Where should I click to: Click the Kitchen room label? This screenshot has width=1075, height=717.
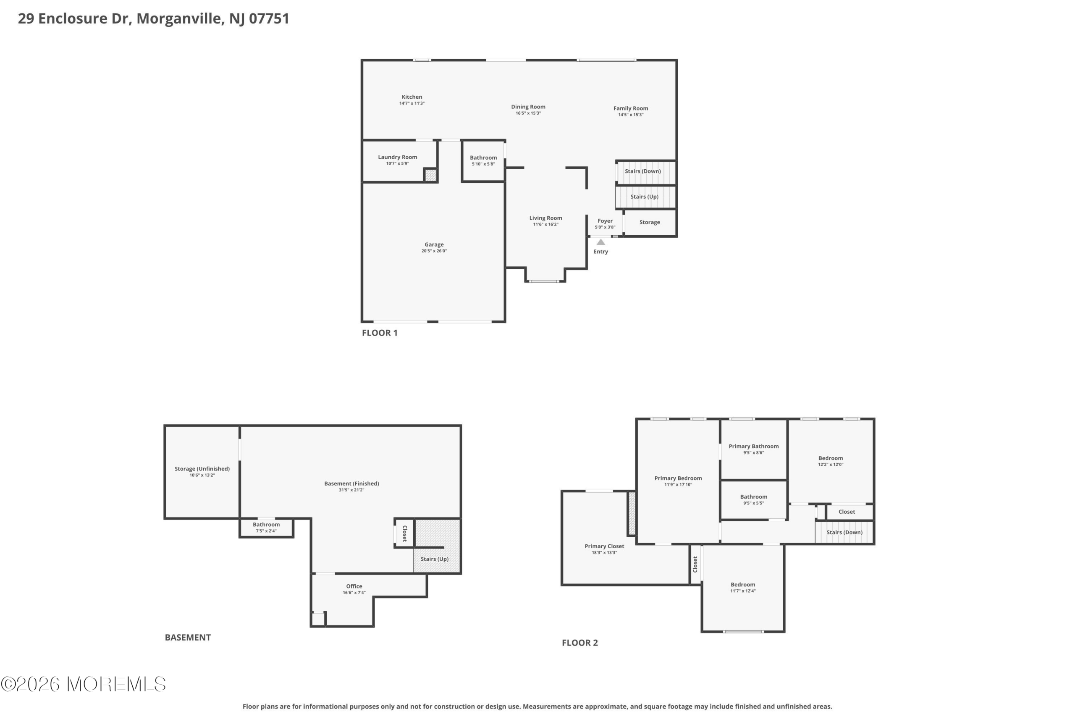pos(412,97)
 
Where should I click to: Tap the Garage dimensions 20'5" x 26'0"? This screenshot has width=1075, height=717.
pos(434,251)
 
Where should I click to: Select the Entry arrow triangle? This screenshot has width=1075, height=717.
pos(600,242)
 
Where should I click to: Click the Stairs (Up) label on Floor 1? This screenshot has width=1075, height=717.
pos(645,197)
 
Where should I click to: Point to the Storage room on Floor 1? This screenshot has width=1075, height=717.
pos(650,222)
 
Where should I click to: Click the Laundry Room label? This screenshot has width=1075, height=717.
pos(398,157)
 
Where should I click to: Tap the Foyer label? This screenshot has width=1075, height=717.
pos(605,221)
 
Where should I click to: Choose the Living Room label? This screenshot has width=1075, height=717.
pos(546,218)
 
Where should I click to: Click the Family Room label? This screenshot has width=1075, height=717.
pos(631,108)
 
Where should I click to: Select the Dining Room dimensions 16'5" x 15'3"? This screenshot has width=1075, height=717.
pos(528,113)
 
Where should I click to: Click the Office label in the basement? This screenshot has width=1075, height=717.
pos(354,586)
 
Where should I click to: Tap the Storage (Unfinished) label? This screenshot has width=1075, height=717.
pos(202,469)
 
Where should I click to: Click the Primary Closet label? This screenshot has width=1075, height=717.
pos(604,546)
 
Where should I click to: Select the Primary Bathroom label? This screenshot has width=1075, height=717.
pos(754,446)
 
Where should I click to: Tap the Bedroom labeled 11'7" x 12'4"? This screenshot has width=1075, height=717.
pos(743,587)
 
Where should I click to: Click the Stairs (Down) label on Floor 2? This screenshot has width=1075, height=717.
pos(844,532)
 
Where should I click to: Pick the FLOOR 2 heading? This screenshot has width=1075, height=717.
pos(580,643)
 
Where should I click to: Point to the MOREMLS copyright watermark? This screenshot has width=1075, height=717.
pos(83,684)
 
